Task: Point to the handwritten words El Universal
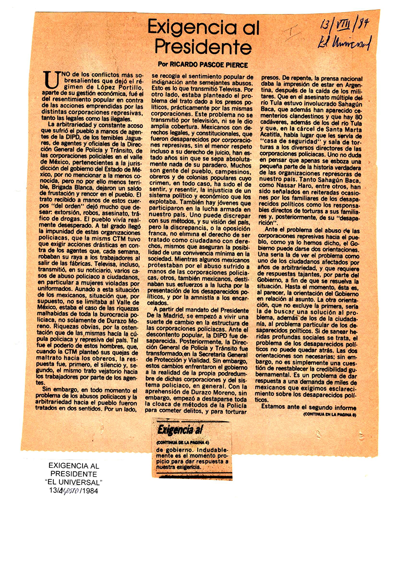click(344, 44)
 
